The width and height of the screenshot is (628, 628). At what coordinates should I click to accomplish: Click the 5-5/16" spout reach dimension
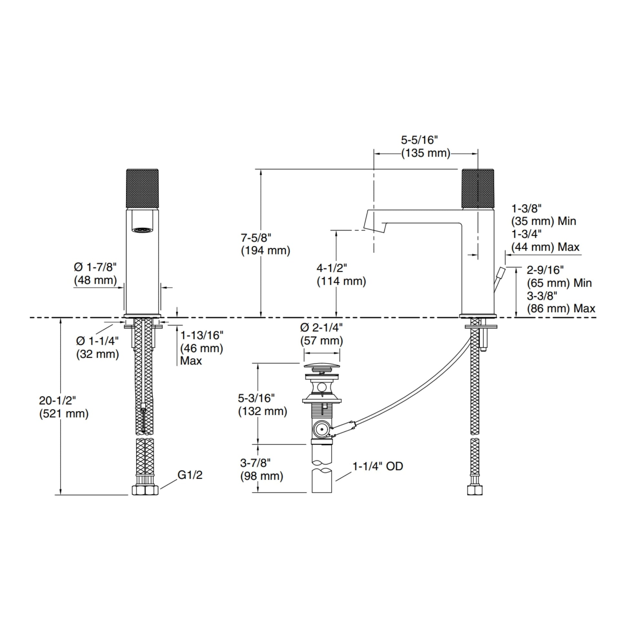point(419,140)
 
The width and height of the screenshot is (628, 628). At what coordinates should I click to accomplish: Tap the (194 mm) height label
point(266,251)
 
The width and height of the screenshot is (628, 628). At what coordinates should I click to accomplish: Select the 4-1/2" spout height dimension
point(332,268)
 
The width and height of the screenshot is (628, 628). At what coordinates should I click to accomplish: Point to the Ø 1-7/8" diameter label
point(95,267)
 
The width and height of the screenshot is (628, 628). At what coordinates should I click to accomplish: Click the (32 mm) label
point(97,354)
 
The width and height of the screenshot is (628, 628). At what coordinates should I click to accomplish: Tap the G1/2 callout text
point(190,475)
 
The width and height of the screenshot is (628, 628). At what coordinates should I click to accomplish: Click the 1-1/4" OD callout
point(378,466)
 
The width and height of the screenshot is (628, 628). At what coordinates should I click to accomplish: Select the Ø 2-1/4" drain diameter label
point(321,327)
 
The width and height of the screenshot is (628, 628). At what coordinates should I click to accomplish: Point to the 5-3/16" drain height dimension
point(257,398)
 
